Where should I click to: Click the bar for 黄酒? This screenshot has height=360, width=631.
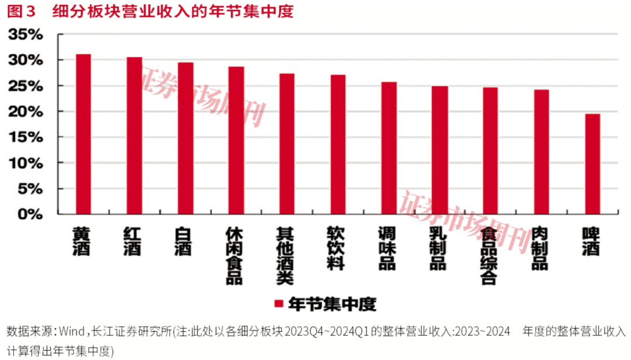[84, 134]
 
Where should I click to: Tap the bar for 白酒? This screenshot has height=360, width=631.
[185, 139]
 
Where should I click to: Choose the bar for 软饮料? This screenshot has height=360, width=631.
[338, 144]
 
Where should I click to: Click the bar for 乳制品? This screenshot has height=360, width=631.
[439, 150]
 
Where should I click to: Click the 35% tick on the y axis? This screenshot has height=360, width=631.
[26, 34]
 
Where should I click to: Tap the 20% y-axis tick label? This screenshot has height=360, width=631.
[26, 112]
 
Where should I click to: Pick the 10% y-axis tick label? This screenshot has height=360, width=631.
[26, 163]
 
